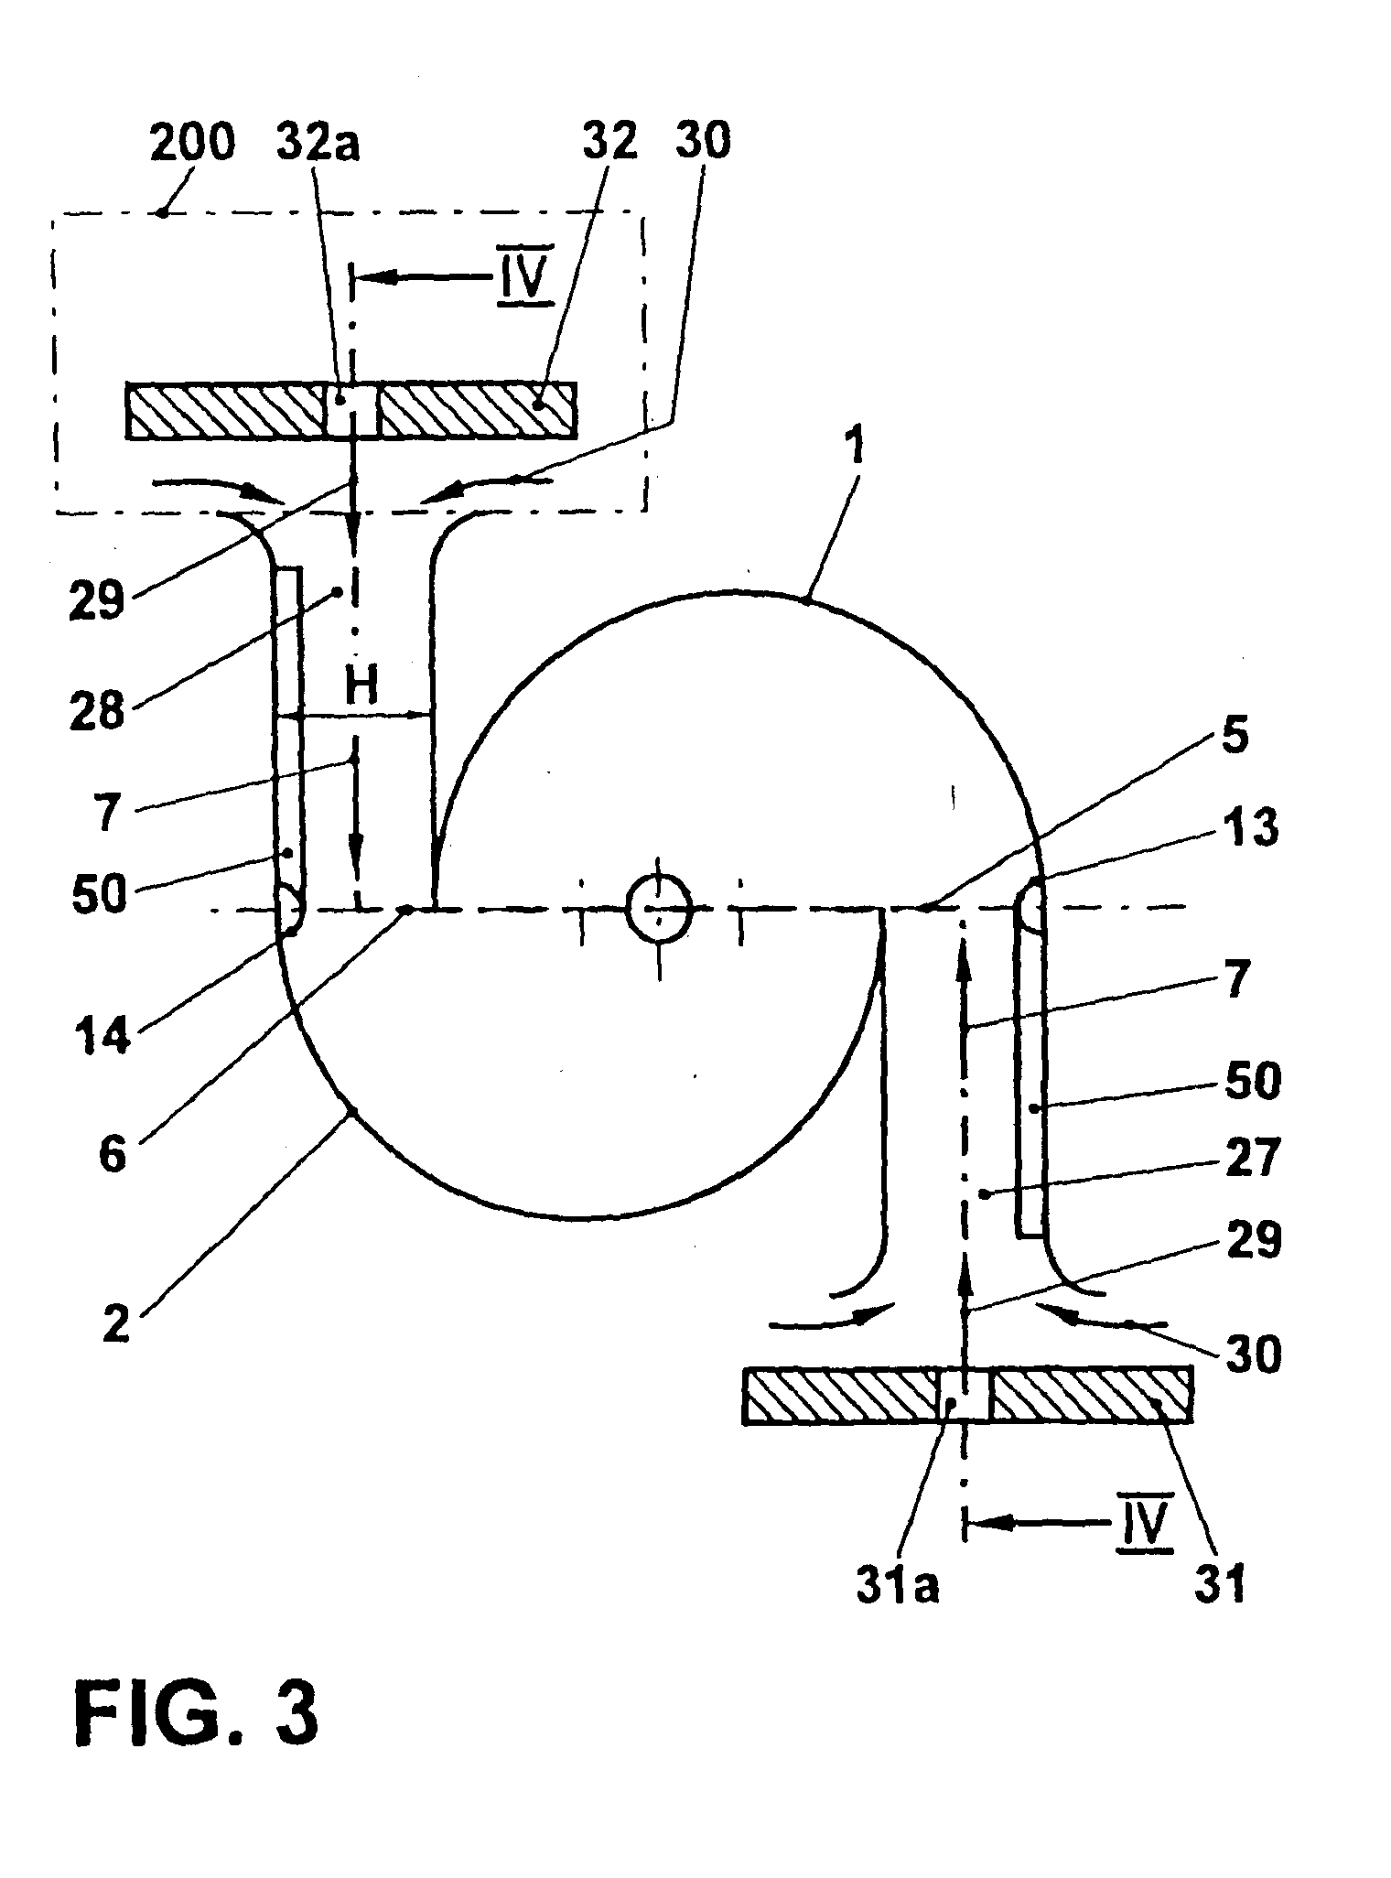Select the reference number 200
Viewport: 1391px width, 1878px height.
click(191, 143)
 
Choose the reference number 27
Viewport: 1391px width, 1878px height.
click(1253, 1160)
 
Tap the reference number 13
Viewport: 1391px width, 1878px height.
click(1251, 830)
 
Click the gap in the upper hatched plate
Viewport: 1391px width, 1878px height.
click(352, 411)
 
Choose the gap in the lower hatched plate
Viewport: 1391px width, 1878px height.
click(965, 1395)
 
